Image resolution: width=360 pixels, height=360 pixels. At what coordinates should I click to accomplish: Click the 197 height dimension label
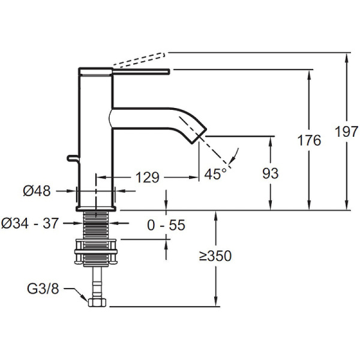click(347, 131)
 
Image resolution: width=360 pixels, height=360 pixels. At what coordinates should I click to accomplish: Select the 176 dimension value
click(309, 140)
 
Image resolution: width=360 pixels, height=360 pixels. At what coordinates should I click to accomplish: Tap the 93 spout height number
click(271, 173)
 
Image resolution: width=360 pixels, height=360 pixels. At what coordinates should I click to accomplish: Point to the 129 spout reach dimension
click(148, 177)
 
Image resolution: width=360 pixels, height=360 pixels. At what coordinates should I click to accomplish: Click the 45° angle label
click(215, 174)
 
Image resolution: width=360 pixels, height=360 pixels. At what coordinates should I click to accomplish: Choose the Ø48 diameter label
click(37, 191)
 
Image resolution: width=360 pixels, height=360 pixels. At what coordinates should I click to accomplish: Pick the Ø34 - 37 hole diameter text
click(30, 223)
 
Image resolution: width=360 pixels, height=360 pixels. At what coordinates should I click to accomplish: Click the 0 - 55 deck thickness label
click(166, 225)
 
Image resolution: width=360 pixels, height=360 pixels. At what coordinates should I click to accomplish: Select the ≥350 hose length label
click(215, 256)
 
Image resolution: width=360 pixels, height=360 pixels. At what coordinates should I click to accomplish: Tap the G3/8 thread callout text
click(43, 289)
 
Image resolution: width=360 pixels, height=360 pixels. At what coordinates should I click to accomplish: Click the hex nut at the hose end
click(97, 302)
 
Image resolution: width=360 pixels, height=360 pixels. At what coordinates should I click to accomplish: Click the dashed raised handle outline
click(139, 59)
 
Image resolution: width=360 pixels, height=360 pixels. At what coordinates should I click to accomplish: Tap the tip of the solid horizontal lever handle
click(169, 71)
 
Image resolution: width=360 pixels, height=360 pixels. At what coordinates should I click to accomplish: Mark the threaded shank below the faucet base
click(96, 225)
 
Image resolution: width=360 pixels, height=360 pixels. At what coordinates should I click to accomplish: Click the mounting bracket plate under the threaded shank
click(96, 252)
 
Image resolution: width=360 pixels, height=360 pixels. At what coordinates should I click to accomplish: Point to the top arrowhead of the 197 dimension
click(347, 57)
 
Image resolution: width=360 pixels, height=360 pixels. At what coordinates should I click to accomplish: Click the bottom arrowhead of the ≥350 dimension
click(215, 302)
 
